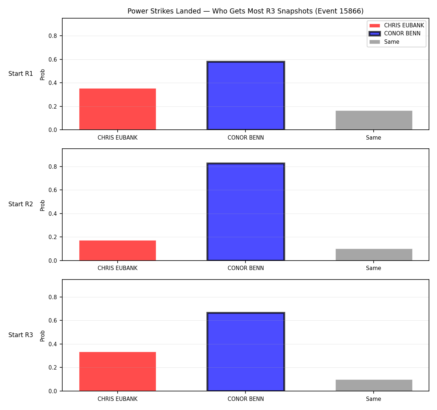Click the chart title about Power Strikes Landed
[x=245, y=11]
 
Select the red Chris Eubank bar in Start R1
[x=118, y=109]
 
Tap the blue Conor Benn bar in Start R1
[x=245, y=95]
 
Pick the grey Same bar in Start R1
[x=374, y=120]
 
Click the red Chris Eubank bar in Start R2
[x=118, y=250]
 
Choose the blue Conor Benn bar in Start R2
[x=245, y=211]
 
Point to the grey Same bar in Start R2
[x=374, y=254]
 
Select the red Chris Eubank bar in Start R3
[x=118, y=371]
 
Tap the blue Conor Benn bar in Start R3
[x=245, y=352]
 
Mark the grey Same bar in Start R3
[x=374, y=385]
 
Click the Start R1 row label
[x=21, y=74]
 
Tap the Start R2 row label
[x=21, y=204]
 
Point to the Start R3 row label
[x=21, y=335]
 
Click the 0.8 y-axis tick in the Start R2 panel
[x=52, y=167]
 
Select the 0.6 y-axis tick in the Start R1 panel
[x=52, y=59]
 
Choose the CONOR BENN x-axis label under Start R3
[x=245, y=399]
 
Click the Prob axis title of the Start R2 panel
[x=42, y=205]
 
